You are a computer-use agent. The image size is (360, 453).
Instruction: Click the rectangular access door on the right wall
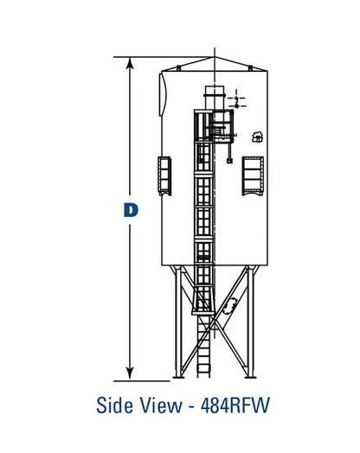pyautogui.click(x=254, y=175)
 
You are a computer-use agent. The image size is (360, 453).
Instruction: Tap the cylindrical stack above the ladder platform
pyautogui.click(x=214, y=97)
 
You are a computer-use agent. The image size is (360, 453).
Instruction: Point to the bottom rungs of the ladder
pyautogui.click(x=205, y=363)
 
